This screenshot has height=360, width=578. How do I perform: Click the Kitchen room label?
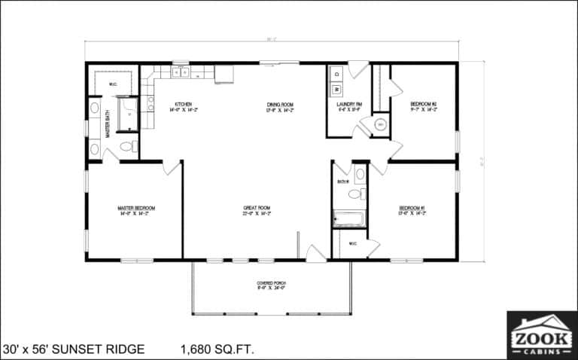pyautogui.click(x=184, y=106)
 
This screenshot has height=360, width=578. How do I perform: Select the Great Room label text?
pyautogui.click(x=257, y=210)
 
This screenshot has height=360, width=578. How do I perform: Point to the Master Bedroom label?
pyautogui.click(x=136, y=210)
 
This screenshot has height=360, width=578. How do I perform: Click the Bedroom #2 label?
pyautogui.click(x=423, y=106)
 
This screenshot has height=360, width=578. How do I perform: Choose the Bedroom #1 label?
pyautogui.click(x=412, y=210)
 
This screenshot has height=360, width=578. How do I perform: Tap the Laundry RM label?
pyautogui.click(x=348, y=106)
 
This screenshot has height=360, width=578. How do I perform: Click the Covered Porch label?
pyautogui.click(x=271, y=285)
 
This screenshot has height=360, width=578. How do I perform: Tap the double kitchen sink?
pyautogui.click(x=181, y=73)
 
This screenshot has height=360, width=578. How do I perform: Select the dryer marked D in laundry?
pyautogui.click(x=336, y=74)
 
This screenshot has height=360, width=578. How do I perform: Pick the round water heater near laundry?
pyautogui.click(x=381, y=124)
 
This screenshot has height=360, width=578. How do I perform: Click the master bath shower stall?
pyautogui.click(x=128, y=114)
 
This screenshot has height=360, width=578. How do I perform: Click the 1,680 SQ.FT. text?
pyautogui.click(x=218, y=349)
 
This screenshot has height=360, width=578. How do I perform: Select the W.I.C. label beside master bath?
pyautogui.click(x=113, y=84)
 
